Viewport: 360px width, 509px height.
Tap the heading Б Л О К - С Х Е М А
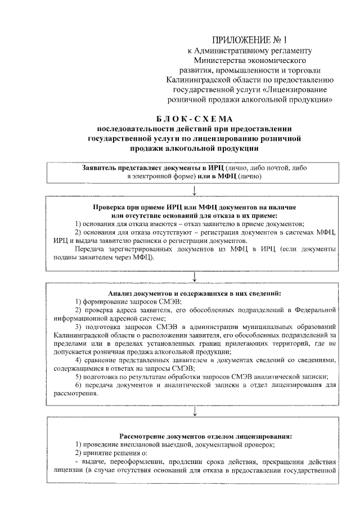(193, 119)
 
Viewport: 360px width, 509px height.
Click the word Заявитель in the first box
(100, 168)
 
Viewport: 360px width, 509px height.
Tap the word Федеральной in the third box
(315, 310)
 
